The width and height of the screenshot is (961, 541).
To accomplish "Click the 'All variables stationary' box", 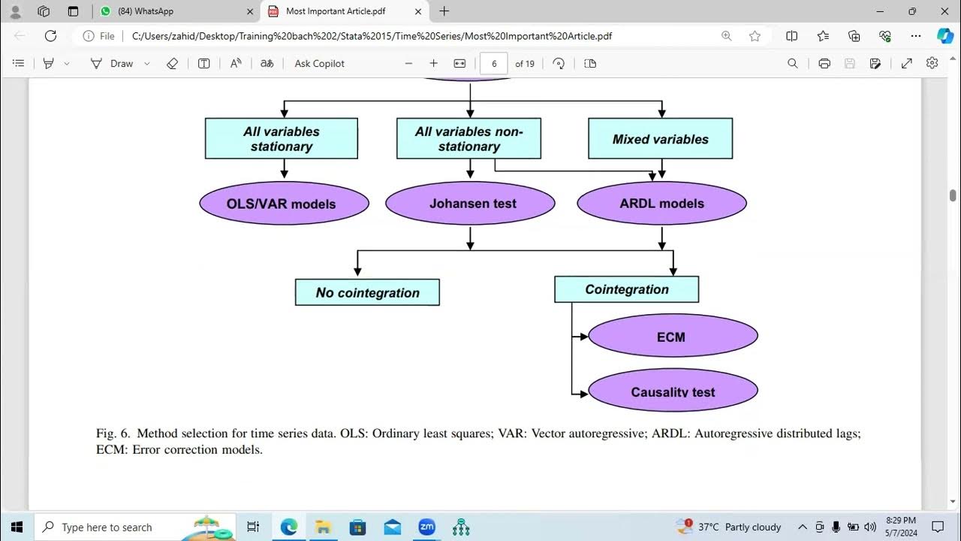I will click(282, 139).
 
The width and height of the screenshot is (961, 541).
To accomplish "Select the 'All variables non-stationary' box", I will click(468, 139).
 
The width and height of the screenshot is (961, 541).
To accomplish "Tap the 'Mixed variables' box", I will click(660, 139).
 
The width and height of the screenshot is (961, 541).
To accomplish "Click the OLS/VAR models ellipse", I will click(284, 204).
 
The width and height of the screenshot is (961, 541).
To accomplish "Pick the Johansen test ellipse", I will click(470, 204).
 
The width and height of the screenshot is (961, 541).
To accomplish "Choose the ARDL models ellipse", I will click(661, 204).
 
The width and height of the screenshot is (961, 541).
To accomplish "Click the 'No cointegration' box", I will click(367, 292).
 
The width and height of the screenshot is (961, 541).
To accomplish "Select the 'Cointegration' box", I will click(626, 289).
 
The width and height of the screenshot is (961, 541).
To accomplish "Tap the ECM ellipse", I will click(673, 337).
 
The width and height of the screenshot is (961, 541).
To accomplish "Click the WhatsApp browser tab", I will click(173, 11).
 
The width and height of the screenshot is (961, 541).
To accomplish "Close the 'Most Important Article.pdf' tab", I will click(418, 11).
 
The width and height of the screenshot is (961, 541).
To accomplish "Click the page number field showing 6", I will click(493, 64).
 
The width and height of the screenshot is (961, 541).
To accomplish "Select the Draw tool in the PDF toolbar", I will click(113, 64).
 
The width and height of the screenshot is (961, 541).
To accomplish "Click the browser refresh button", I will click(50, 35).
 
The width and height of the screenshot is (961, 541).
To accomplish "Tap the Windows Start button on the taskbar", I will click(16, 527).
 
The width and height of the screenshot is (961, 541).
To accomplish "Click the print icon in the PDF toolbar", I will click(824, 64).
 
